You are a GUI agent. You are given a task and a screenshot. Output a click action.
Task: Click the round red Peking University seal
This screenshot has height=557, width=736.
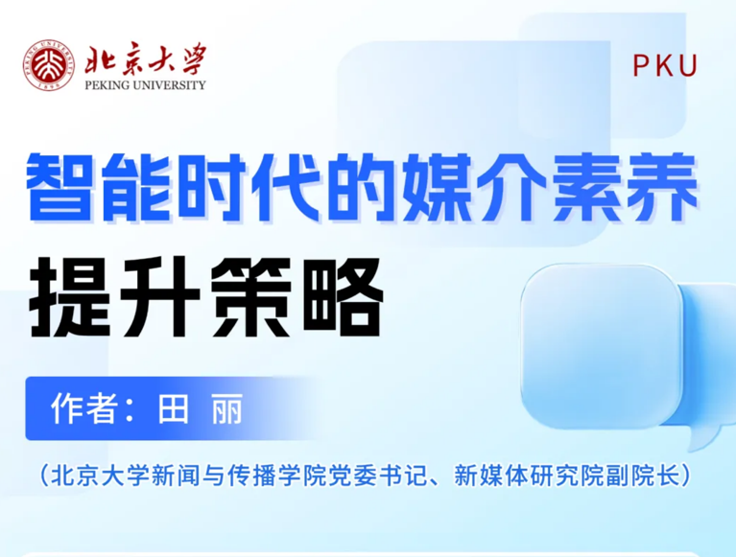coord(48,64)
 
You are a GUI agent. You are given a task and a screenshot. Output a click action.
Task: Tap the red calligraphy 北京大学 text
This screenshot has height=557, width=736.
coord(146,59)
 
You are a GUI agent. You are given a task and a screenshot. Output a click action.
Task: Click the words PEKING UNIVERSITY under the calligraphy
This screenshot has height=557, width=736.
coord(146,85)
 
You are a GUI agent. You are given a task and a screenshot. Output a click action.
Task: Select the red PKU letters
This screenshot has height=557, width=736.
coord(665,65)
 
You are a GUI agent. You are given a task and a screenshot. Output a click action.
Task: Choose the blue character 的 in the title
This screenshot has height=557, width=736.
coord(362,187)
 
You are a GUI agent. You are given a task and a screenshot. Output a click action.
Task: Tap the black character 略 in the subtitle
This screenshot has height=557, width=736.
coord(344,296)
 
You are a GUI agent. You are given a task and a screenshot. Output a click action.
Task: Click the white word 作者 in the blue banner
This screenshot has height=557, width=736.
coord(84,408)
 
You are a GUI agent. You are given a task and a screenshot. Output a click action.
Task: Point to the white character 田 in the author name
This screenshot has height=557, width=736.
coord(173,408)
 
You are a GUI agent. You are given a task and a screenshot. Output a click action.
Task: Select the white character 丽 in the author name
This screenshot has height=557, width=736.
coord(227,408)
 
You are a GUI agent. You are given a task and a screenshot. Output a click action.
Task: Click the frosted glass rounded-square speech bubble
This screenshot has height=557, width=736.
coord(602,347)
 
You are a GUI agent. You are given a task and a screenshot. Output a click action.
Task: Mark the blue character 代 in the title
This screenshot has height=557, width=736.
coord(286,187)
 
